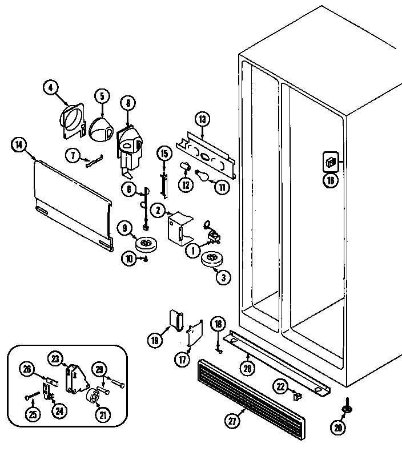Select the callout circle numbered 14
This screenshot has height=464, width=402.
pos(19,145)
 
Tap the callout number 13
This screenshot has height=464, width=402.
pos(202,119)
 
